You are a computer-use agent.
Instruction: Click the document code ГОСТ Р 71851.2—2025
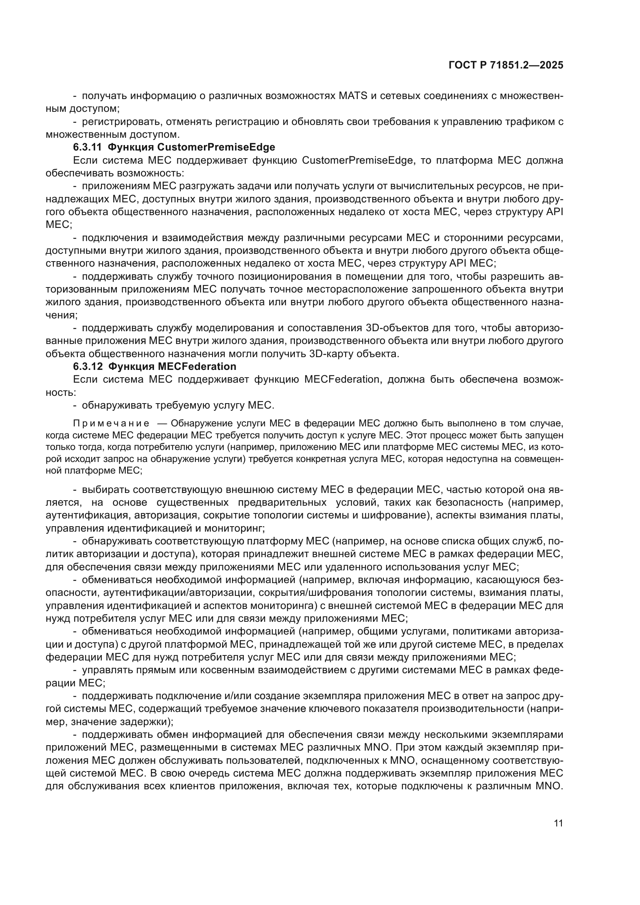(506, 65)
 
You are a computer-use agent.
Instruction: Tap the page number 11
(558, 823)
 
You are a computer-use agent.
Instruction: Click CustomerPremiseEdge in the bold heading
(216, 147)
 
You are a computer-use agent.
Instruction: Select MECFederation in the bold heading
(197, 366)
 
